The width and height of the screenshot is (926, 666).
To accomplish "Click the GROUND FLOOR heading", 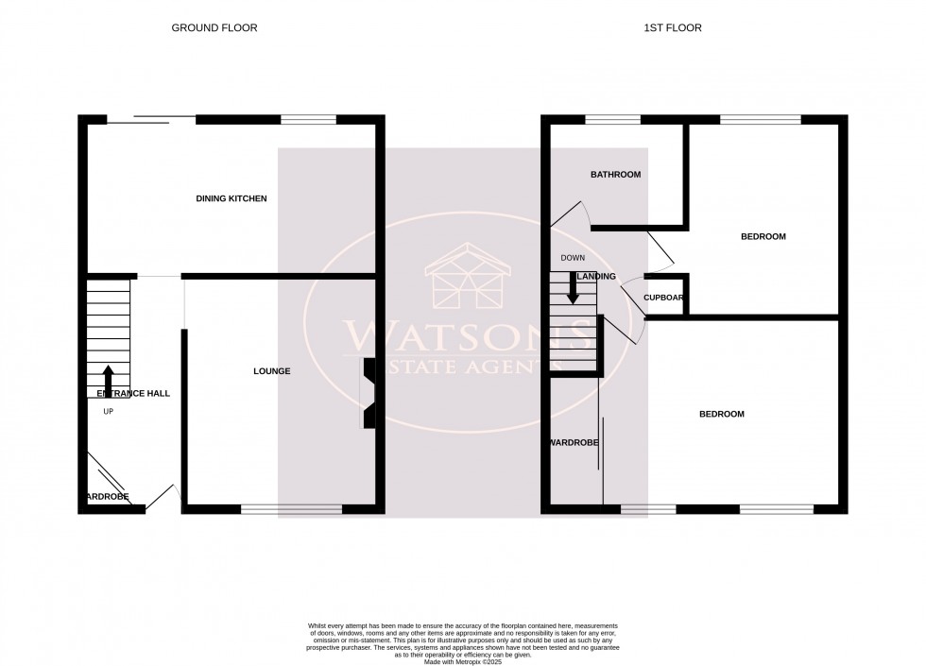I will pyautogui.click(x=214, y=28).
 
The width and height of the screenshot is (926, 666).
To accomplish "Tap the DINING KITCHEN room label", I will pyautogui.click(x=231, y=199).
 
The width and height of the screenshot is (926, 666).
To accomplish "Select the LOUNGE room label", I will pyautogui.click(x=271, y=371).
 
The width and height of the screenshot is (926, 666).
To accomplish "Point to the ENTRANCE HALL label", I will pyautogui.click(x=133, y=393).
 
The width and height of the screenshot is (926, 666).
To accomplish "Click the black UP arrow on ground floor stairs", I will pyautogui.click(x=109, y=378).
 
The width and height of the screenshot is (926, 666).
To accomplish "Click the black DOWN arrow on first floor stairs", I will pyautogui.click(x=573, y=288).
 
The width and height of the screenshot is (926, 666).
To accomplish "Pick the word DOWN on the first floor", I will pyautogui.click(x=573, y=258).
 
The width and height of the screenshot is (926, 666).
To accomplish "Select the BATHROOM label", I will pyautogui.click(x=616, y=175).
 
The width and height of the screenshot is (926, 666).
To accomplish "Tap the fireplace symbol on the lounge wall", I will pyautogui.click(x=368, y=393).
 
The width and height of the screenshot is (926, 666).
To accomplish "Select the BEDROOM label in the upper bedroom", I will pyautogui.click(x=763, y=236).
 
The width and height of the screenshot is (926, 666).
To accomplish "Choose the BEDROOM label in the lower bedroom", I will pyautogui.click(x=721, y=415).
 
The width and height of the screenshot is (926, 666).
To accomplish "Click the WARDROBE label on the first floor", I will pyautogui.click(x=574, y=441).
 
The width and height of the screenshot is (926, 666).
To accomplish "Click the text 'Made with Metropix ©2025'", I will pyautogui.click(x=463, y=660).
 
